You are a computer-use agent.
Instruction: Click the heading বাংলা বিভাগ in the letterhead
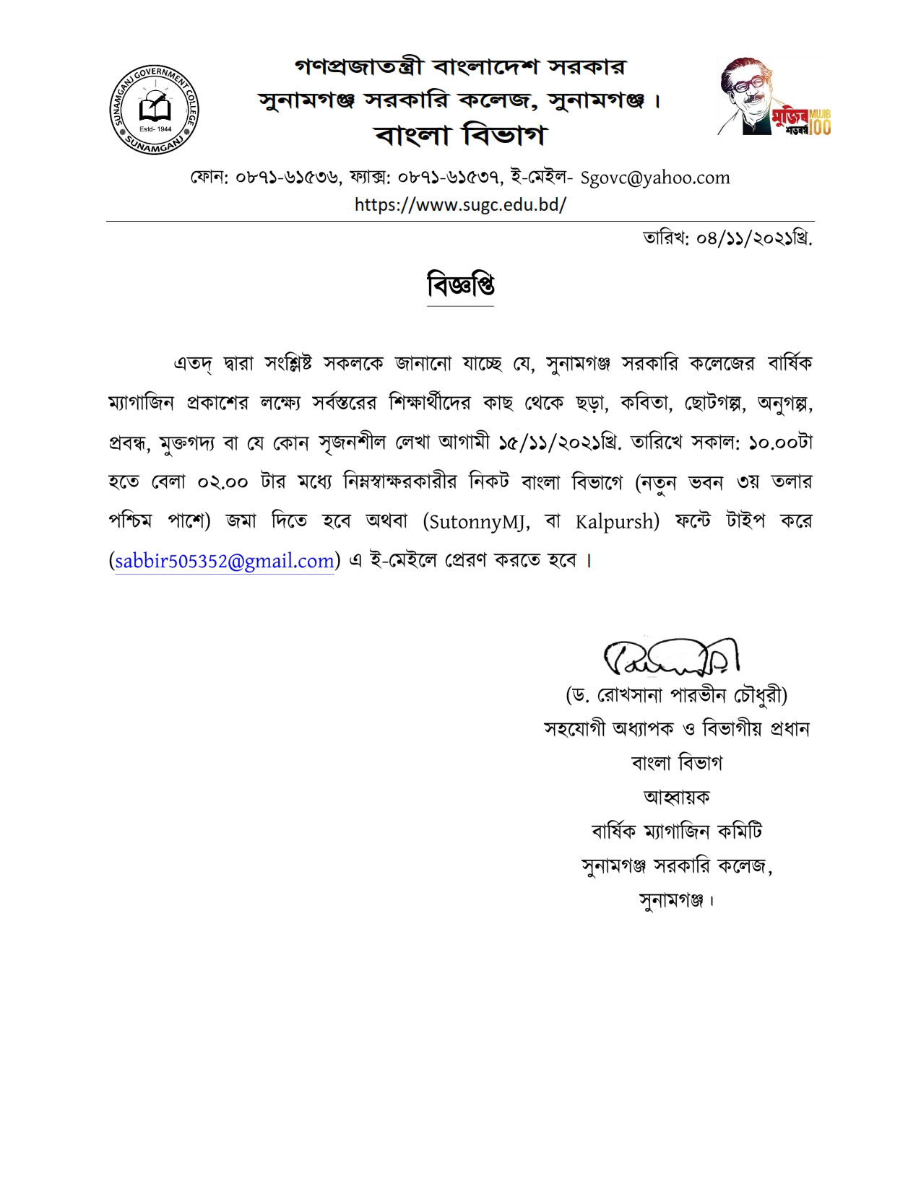[460, 134]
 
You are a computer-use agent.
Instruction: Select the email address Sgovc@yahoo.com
[655, 178]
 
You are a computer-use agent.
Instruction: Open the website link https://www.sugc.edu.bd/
[460, 204]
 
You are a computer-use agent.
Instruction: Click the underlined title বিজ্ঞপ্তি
[460, 286]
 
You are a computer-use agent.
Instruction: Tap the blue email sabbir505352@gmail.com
[225, 561]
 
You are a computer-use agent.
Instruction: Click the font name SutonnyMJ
[477, 521]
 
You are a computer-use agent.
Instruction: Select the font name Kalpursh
[616, 521]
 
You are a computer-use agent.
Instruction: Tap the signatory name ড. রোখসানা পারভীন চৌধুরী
[676, 695]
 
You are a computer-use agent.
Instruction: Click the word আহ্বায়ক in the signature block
[676, 797]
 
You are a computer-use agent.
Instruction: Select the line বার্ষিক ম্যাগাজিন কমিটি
[676, 832]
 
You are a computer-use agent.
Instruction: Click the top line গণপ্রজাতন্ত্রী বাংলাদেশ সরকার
[460, 67]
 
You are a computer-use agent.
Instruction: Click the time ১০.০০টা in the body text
[781, 442]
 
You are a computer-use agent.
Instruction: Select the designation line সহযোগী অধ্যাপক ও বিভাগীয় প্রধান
[676, 729]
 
